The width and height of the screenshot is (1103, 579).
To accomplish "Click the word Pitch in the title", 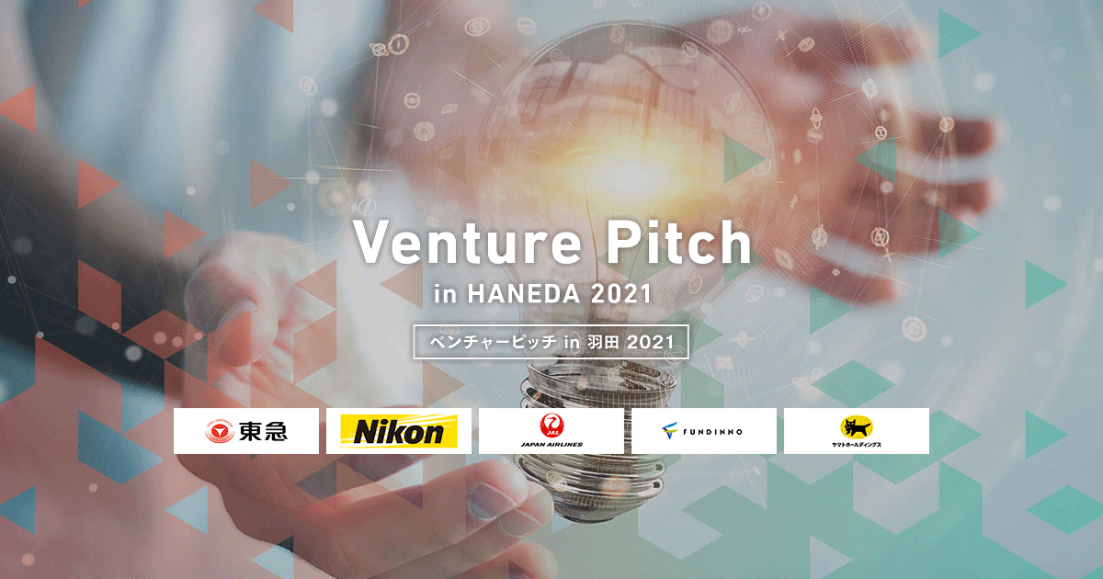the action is coord(679,241).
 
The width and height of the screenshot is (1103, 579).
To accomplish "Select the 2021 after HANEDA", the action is coord(621,294).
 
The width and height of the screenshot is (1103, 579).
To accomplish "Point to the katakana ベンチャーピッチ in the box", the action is coord(493,342).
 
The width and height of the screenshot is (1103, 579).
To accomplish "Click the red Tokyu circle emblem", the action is coord(219,431).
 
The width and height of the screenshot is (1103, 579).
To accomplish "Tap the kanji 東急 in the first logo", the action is coord(263,431).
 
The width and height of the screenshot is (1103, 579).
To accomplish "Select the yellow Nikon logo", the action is coord(399,431).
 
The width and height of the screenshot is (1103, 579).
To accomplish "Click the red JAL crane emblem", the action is coord(552,425).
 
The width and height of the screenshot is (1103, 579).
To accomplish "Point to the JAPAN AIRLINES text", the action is coord(551,444).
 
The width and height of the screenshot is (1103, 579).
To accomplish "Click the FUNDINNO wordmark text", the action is coord(712,432).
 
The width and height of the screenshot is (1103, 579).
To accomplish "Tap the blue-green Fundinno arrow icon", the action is coord(670,430).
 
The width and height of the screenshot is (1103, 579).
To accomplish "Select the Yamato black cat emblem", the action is coord(857,426).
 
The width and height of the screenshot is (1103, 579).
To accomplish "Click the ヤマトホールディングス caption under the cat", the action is coord(857,444).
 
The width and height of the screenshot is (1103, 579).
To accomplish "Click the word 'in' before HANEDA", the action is coord(446,294).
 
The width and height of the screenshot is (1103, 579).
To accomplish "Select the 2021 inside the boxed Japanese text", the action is coord(651,342).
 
